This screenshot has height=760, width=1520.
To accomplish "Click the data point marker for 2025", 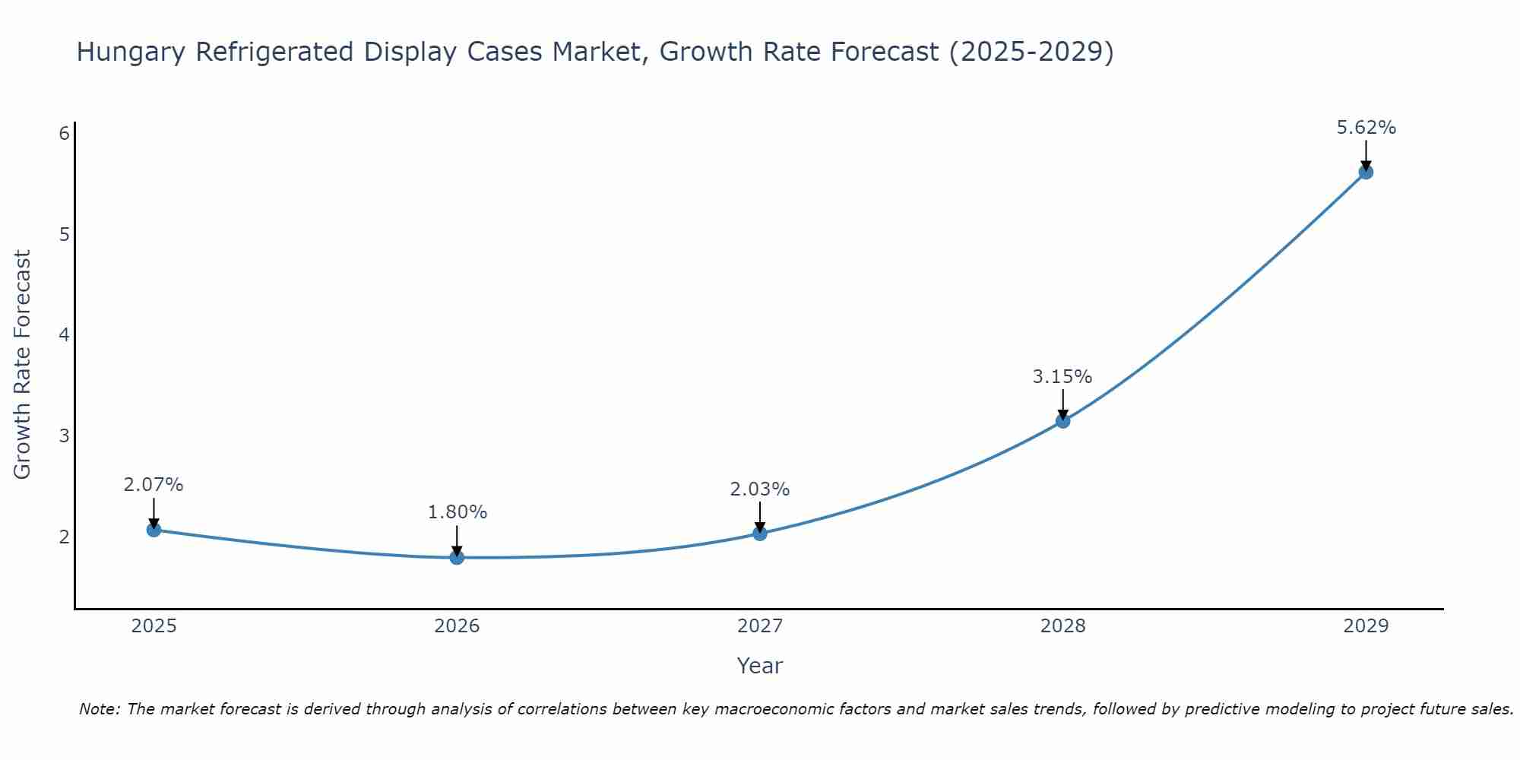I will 154,530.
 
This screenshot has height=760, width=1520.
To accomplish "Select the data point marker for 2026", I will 457,557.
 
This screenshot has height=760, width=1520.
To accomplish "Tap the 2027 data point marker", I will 760,534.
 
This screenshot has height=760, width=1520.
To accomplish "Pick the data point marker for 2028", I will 1062,421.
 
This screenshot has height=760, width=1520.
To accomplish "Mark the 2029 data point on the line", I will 1366,172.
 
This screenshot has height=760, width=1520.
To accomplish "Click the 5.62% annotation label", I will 1366,128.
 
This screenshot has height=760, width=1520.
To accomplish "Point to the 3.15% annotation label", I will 1062,377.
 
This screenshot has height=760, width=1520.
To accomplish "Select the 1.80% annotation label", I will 457,512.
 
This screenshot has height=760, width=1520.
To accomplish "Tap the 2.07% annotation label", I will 154,485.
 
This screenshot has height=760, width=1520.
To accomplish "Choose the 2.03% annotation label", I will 759,489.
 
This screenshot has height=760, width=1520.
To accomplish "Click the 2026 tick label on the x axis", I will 457,626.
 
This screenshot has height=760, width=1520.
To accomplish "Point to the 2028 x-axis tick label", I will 1062,626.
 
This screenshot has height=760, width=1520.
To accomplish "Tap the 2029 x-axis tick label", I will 1366,626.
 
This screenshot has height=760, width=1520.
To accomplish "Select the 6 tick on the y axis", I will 64,134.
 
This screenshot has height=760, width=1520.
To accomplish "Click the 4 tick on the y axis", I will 64,335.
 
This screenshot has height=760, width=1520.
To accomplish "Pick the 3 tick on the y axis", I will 64,436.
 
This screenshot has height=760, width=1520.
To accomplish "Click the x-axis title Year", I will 759,666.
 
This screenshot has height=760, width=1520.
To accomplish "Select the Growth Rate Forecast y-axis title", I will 23,365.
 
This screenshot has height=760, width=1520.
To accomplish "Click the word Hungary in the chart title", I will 131,52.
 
